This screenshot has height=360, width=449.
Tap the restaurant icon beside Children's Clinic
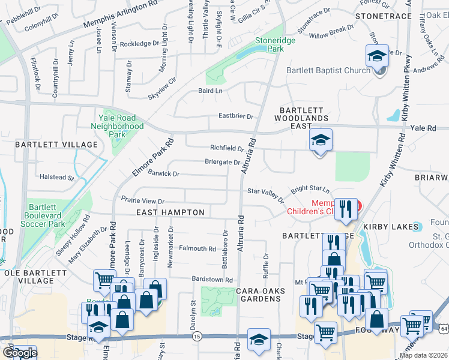click(x=346, y=208)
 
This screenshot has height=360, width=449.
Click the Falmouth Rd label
click(x=197, y=248)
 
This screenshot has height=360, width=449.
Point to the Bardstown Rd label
click(x=211, y=280)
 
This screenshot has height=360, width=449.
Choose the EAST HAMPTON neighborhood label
click(x=170, y=212)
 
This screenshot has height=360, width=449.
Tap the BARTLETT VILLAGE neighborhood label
click(x=56, y=145)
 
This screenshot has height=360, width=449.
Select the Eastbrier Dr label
click(x=236, y=116)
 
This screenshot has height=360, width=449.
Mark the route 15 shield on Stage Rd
click(x=197, y=338)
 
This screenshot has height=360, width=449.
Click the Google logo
click(x=19, y=353)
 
